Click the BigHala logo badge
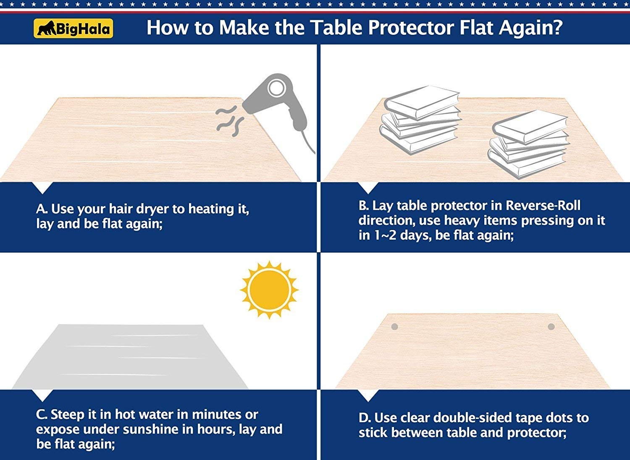[x=73, y=29]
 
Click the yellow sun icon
[x=269, y=289]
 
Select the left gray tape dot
[x=394, y=327]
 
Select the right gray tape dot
[x=551, y=327]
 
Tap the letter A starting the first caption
[x=41, y=209]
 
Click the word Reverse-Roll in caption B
[x=543, y=206]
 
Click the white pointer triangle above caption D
[x=368, y=395]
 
